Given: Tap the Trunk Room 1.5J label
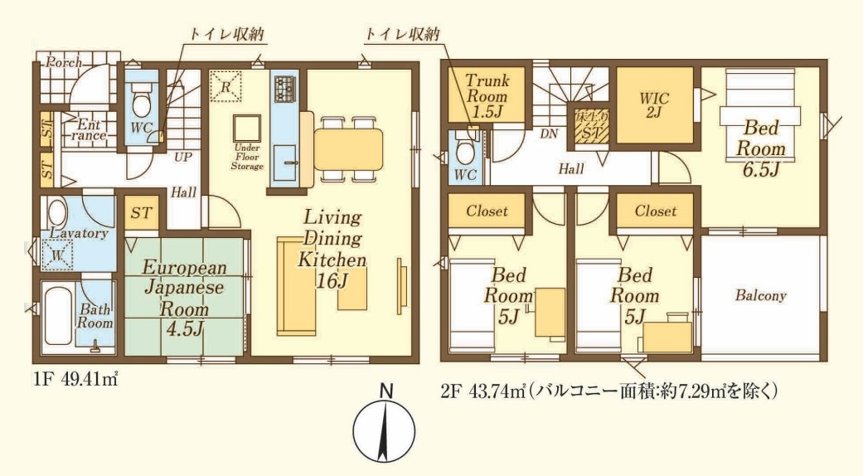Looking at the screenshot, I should pyautogui.click(x=487, y=95).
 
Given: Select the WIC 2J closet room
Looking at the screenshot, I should pyautogui.click(x=654, y=104).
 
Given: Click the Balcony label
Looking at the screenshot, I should pyautogui.click(x=760, y=295).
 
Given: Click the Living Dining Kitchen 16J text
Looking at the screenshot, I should pyautogui.click(x=332, y=249).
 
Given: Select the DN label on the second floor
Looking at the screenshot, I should pyautogui.click(x=548, y=133).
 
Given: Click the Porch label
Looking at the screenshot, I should pyautogui.click(x=63, y=63).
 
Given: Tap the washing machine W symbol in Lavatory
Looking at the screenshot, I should pyautogui.click(x=57, y=256).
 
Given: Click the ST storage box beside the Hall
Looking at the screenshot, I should pyautogui.click(x=142, y=213).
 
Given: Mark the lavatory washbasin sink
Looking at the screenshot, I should pyautogui.click(x=59, y=211).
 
